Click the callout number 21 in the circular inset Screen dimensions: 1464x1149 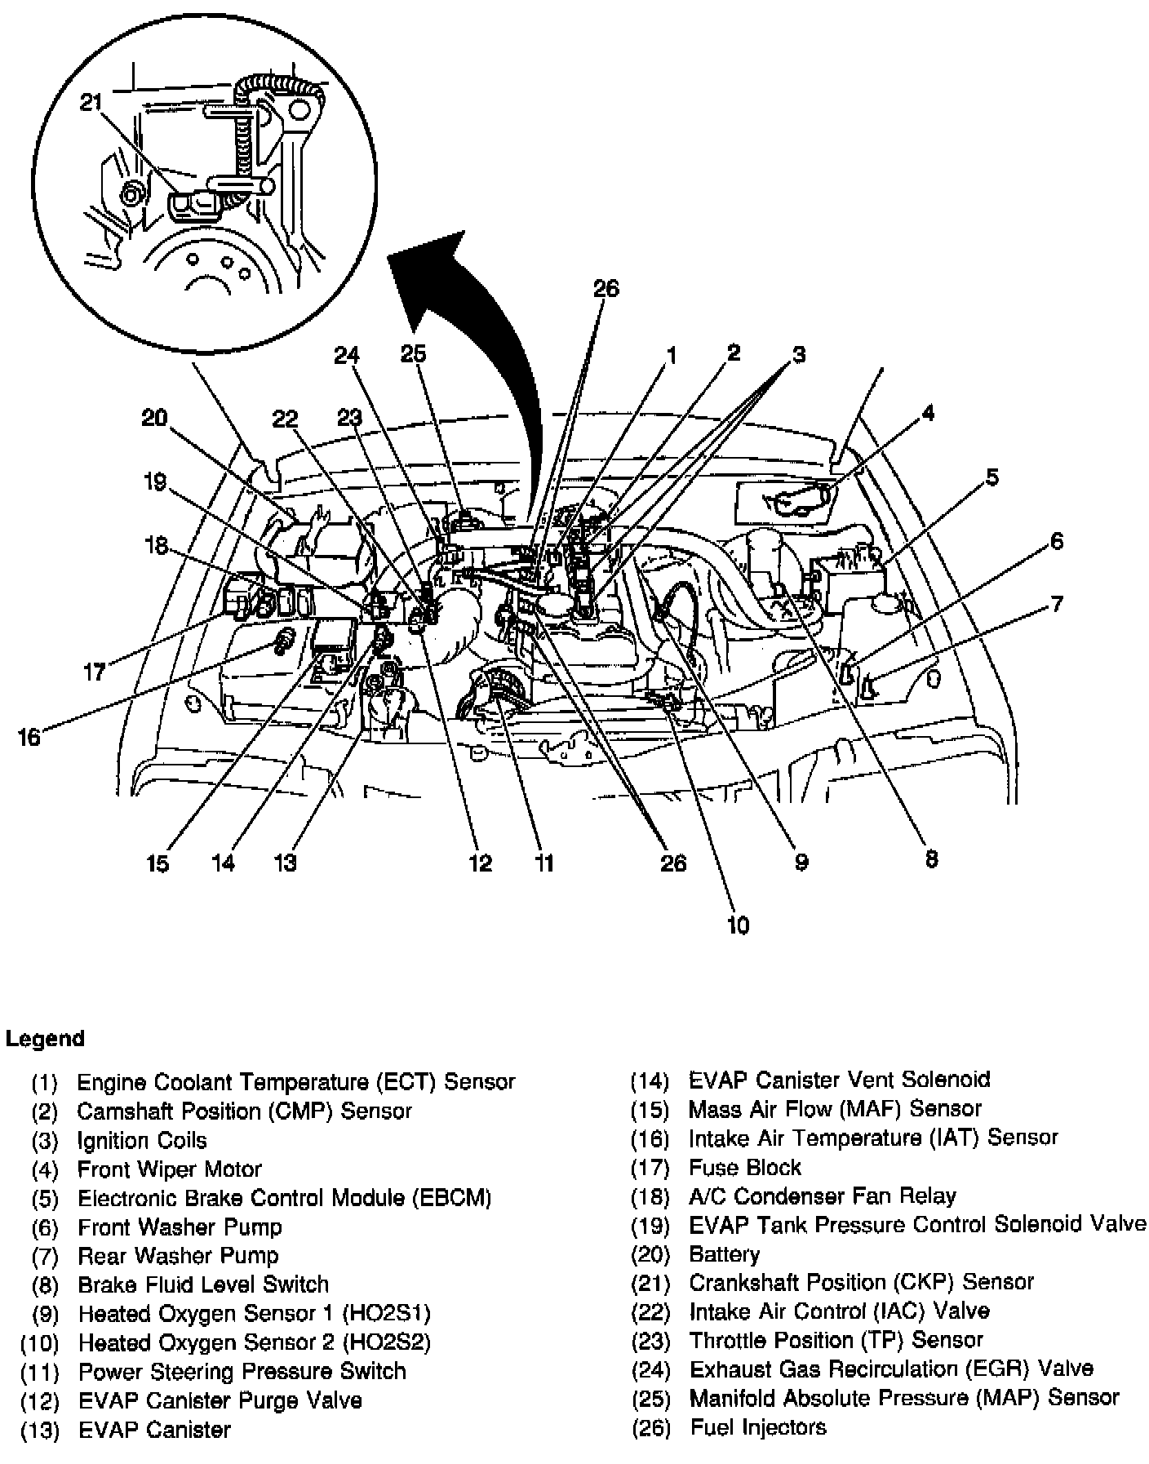[x=91, y=102]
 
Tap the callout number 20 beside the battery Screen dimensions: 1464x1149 [x=154, y=419]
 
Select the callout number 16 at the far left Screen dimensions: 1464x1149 [x=29, y=738]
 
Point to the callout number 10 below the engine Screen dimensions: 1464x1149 [x=737, y=925]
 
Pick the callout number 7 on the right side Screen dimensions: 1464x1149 [x=1057, y=605]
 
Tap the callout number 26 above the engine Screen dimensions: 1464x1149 [x=606, y=289]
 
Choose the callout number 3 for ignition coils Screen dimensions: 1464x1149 [x=799, y=354]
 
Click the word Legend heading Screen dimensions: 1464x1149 [x=45, y=1039]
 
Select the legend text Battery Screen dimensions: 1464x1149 [x=724, y=1254]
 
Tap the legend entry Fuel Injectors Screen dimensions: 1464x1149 [x=757, y=1427]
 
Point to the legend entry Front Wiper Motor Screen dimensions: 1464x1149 [x=169, y=1169]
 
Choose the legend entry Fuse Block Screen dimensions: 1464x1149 [x=744, y=1168]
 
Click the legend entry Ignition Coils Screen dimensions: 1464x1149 [x=142, y=1140]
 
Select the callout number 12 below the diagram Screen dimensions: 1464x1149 [x=481, y=863]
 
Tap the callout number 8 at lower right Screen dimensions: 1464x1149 [x=931, y=858]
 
